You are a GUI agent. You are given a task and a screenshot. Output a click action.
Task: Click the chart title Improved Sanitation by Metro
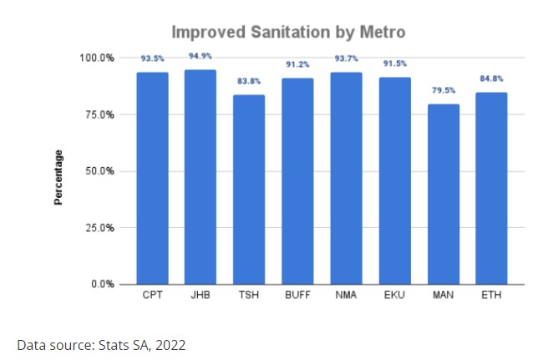pyautogui.click(x=288, y=33)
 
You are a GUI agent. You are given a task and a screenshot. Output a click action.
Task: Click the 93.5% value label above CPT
pyautogui.click(x=152, y=59)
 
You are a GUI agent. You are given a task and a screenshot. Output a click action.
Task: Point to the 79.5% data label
pyautogui.click(x=443, y=91)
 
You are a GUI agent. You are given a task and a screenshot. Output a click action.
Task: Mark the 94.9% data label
pyautogui.click(x=200, y=56)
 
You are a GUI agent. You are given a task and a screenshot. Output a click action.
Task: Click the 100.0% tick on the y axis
pyautogui.click(x=97, y=58)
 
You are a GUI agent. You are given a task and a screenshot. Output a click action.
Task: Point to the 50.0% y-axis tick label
pyautogui.click(x=99, y=171)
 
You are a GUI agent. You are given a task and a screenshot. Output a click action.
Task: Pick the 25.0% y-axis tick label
pyautogui.click(x=99, y=227)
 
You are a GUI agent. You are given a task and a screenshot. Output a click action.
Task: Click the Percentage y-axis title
pyautogui.click(x=59, y=177)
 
